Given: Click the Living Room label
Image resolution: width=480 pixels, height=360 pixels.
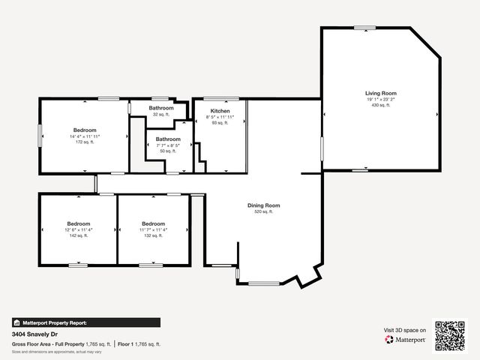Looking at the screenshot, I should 381,93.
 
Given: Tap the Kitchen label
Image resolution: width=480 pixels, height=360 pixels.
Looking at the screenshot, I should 220,111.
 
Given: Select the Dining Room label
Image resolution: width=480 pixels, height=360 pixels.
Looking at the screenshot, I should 263,205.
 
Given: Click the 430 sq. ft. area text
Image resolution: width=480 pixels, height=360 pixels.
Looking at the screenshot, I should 381,105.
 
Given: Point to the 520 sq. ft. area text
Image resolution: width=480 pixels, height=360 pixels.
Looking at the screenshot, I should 263,212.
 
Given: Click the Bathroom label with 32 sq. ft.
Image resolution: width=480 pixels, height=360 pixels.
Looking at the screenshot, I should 160,108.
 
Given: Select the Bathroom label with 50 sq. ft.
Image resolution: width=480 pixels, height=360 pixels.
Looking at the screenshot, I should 168,139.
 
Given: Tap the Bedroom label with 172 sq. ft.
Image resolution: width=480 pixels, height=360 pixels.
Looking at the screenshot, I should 85,130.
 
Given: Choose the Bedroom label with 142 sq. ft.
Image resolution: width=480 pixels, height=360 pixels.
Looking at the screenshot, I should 79,223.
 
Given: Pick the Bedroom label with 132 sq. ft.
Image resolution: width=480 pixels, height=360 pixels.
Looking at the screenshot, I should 153,223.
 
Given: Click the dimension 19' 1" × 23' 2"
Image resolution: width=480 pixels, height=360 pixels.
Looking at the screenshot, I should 381,99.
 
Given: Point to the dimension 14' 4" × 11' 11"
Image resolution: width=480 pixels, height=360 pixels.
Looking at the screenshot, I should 85,136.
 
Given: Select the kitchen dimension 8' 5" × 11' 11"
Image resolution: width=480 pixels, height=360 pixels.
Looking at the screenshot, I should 220,117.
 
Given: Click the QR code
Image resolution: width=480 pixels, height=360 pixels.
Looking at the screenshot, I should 450,336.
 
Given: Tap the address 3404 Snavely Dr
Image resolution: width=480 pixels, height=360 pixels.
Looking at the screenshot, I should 34,334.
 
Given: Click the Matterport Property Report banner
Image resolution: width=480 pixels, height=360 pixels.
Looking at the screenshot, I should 85,322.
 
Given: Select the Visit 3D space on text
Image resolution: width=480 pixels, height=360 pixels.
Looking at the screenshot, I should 405,330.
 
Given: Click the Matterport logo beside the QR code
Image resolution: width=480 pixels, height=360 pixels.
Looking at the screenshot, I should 406,340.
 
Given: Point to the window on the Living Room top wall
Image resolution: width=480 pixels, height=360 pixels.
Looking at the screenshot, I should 365,28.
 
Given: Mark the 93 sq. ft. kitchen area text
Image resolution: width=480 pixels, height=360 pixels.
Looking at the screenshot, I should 220,123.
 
